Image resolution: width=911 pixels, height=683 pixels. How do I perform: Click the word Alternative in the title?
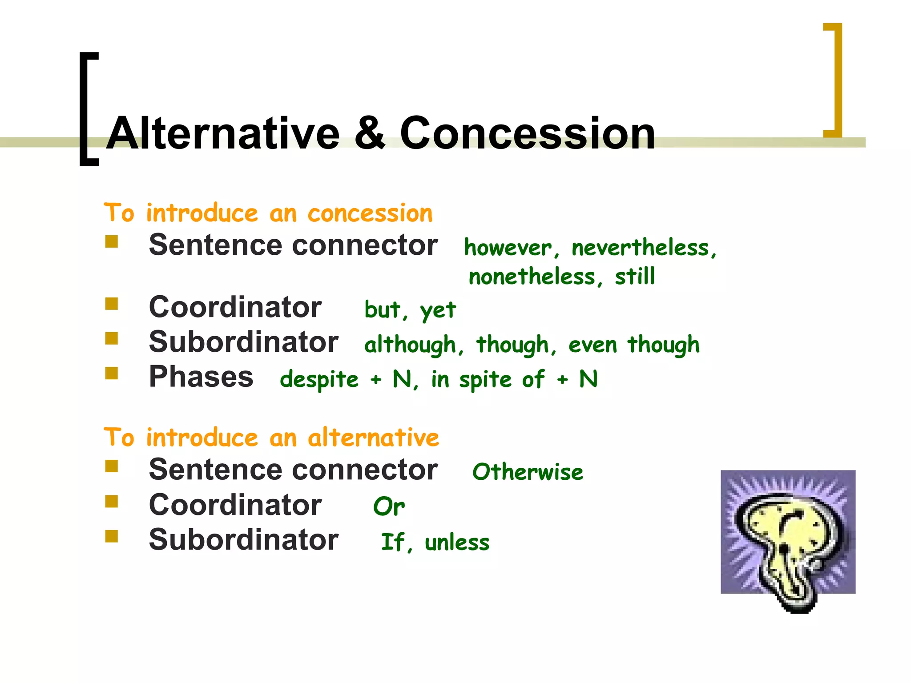223,133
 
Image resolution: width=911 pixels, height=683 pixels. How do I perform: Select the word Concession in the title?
527,133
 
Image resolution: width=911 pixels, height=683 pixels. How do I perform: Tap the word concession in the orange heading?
370,213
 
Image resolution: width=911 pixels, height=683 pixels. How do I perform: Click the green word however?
508,248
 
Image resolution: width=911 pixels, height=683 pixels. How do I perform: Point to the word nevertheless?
641,248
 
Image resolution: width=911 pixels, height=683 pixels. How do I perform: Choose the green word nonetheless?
532,277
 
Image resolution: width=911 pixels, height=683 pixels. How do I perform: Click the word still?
635,276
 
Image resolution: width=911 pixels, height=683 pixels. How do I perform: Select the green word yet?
438,310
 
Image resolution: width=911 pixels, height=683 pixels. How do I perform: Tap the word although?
410,345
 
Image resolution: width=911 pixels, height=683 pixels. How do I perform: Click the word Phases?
201,377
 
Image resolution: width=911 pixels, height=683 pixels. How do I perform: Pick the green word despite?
319,380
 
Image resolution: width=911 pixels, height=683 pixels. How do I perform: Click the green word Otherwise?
528,472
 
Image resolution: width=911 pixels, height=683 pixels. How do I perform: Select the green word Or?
388,506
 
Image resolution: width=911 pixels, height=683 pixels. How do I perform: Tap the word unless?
457,542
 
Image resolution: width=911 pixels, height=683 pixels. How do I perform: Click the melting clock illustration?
787,538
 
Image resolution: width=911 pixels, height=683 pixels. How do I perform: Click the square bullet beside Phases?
112,373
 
